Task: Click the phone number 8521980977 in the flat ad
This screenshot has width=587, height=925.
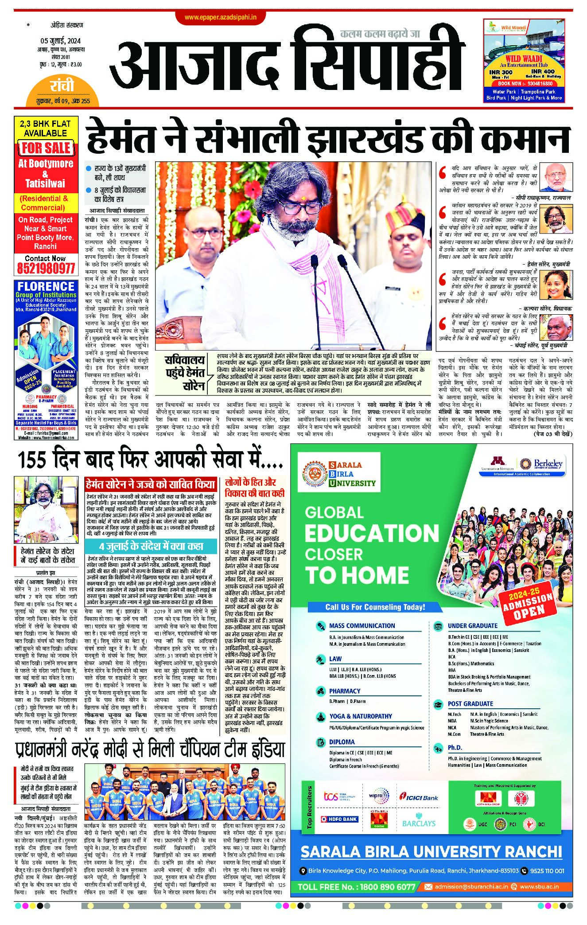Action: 46,269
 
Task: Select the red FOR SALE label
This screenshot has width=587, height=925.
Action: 46,148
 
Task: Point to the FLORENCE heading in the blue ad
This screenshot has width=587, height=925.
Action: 46,286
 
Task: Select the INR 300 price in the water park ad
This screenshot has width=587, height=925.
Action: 501,72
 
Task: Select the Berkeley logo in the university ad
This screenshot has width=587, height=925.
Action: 541,464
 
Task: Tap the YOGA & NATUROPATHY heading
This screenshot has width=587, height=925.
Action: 360,716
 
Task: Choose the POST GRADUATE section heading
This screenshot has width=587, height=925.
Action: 470,703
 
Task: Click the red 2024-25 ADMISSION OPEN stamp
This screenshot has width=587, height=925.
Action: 528,605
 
